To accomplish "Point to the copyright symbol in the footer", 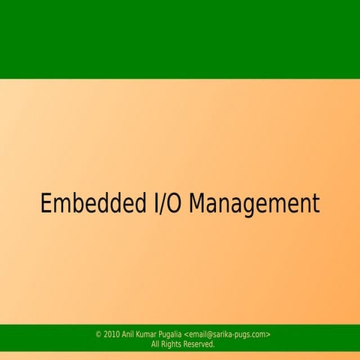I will point(99,334).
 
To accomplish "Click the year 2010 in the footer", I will point(112,334).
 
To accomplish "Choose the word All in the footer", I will point(156,344).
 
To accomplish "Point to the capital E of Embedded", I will point(46,204).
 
